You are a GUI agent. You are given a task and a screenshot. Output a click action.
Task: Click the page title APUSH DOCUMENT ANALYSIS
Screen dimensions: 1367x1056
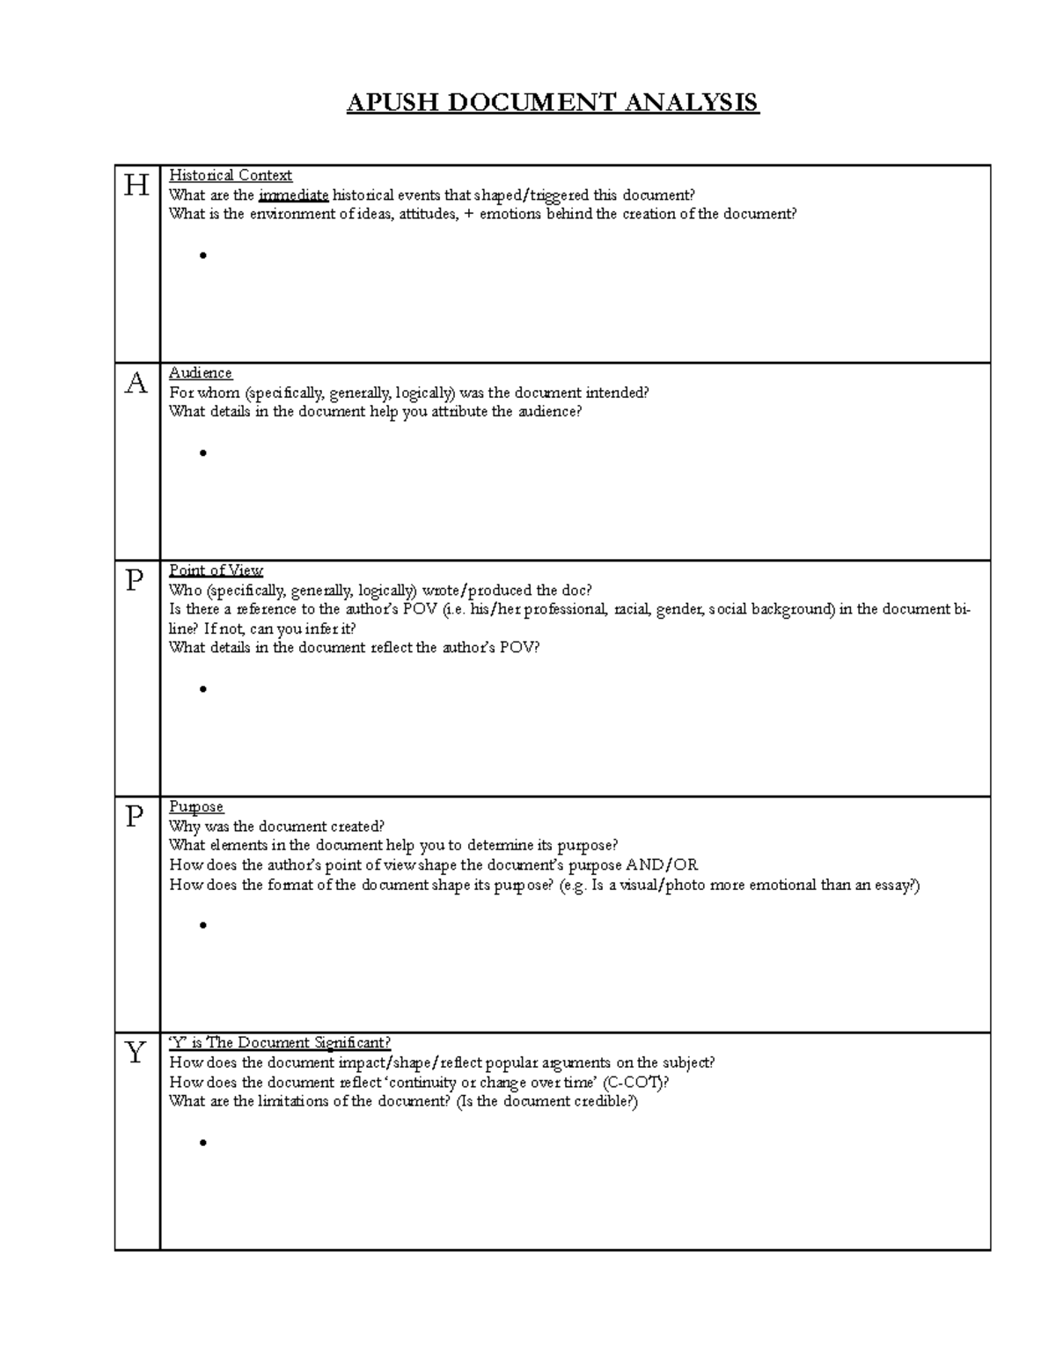coord(552,102)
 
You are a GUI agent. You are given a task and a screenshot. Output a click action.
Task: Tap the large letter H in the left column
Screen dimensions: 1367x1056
coord(136,186)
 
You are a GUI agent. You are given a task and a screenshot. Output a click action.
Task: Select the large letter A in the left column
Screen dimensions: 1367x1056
coord(136,384)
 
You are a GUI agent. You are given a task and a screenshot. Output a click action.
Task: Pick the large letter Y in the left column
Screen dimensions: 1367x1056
coord(136,1053)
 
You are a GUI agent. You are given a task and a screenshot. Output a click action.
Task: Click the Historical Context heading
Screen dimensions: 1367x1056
coord(231,175)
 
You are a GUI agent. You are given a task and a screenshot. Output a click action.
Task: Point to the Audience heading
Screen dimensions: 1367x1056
coord(201,373)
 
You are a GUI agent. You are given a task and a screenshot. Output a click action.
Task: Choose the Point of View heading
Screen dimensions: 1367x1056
coord(216,570)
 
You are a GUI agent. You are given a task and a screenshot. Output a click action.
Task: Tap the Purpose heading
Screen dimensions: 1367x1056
coord(196,807)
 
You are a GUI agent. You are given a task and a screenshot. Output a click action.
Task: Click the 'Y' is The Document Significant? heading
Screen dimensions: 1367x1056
coord(280,1043)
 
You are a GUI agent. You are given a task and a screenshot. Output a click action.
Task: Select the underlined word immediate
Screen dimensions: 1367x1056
coord(294,195)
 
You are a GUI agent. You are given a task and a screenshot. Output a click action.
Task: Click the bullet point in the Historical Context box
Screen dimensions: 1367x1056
coord(203,256)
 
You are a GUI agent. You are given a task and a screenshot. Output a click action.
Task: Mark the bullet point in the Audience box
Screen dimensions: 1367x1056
coord(203,453)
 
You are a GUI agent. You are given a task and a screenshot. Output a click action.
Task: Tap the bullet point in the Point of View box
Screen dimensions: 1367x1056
coord(203,689)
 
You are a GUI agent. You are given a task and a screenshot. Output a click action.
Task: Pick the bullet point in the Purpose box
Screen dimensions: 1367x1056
coord(203,925)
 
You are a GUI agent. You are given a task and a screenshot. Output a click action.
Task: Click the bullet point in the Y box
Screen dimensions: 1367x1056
coord(203,1143)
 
